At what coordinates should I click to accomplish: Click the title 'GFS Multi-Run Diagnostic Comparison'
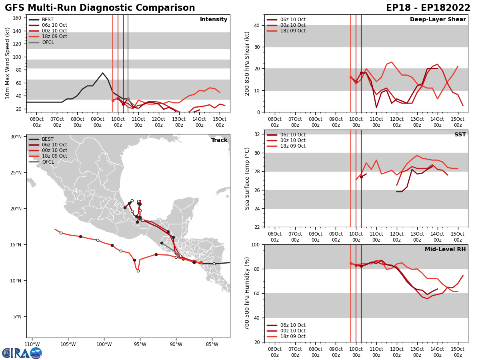(100, 8)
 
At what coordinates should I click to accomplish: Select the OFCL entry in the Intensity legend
(48, 42)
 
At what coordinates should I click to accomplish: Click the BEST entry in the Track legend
(48, 139)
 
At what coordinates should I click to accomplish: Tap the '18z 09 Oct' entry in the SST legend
(292, 146)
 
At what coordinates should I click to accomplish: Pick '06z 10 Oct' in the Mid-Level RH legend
(292, 325)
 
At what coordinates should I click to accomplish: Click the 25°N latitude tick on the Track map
(16, 173)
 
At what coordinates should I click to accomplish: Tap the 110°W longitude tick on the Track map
(32, 344)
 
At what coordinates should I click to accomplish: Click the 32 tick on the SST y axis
(258, 134)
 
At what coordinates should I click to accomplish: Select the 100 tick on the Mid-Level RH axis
(256, 244)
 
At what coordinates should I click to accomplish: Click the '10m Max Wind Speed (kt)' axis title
(8, 63)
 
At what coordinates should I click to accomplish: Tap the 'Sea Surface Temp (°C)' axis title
(247, 178)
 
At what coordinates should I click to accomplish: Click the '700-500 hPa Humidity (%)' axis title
(247, 293)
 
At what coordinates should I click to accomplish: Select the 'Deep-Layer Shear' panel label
(438, 20)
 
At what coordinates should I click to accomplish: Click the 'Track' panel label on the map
(219, 140)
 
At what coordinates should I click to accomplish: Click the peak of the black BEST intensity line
(102, 73)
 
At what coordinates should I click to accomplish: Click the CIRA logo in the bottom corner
(22, 353)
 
